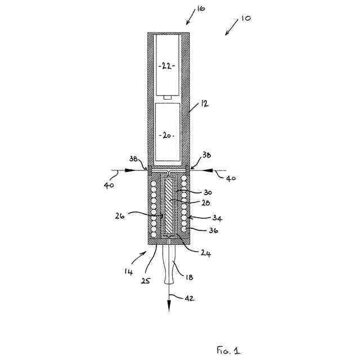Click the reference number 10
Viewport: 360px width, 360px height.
pos(246,18)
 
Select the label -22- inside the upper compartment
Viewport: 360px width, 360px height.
pos(166,65)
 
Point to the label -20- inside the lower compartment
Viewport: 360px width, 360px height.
pos(167,136)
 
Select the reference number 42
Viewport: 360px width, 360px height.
pos(190,298)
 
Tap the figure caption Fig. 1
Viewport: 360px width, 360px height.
pos(228,350)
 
